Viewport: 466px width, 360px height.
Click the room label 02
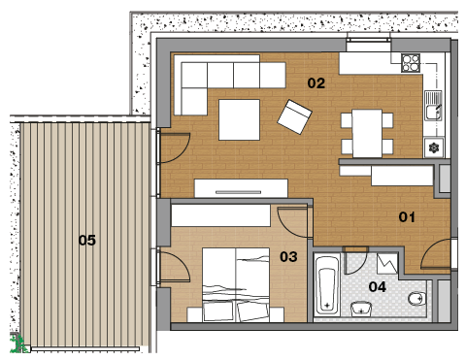coord(316,83)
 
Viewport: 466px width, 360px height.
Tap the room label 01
coord(407,217)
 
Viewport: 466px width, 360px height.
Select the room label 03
coord(288,257)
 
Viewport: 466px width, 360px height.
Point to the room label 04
coord(378,287)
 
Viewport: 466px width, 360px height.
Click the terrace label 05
coord(87,241)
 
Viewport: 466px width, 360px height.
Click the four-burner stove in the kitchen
coord(411,63)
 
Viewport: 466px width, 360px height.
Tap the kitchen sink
coord(433,106)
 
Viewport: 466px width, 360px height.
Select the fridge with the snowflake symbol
coord(433,147)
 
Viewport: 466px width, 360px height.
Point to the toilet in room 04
coord(416,299)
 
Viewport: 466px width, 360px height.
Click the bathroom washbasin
coord(361,308)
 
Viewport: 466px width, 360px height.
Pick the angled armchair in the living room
coord(294,116)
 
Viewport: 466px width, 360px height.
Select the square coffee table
coord(239,119)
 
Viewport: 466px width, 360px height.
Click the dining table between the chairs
coord(367,133)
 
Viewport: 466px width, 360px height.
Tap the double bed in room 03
coord(236,284)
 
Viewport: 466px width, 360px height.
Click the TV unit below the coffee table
coord(241,188)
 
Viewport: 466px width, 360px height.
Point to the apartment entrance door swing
coord(436,254)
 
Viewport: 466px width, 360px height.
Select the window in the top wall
coord(369,40)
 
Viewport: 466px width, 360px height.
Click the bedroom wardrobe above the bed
coord(220,215)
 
